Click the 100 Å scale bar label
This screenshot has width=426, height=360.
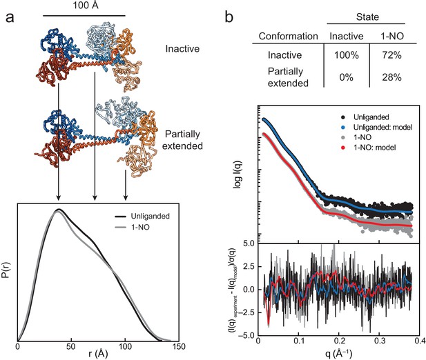[86, 5]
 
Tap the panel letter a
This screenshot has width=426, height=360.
[10, 18]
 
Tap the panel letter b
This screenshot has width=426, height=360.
[229, 17]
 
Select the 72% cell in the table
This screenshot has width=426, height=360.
[391, 55]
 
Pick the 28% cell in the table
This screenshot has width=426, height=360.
[391, 78]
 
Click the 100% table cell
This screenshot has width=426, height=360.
[347, 55]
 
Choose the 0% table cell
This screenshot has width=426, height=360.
[346, 78]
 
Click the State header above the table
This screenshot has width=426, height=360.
[367, 17]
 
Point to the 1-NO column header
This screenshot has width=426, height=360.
[392, 36]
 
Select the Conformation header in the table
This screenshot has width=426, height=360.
[288, 36]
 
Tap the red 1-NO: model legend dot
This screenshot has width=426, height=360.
[344, 148]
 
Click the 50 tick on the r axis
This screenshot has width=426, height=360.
[71, 347]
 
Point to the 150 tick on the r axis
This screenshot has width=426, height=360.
[179, 347]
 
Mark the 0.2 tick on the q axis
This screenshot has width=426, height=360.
[339, 341]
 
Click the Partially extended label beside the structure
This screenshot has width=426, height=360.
[182, 140]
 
